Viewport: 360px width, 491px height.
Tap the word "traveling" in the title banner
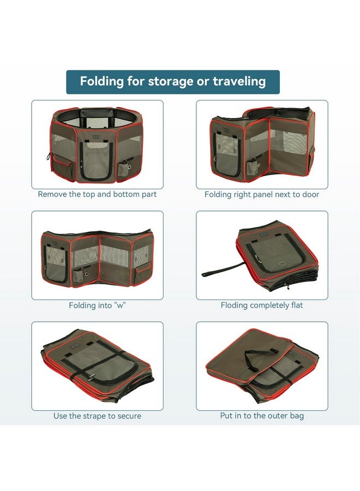(x=239, y=81)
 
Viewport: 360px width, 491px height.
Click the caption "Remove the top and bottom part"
(x=97, y=194)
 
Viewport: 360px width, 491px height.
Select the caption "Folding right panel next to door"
(x=262, y=194)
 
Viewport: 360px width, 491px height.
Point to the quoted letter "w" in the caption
(x=120, y=306)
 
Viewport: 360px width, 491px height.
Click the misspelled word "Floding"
(x=234, y=306)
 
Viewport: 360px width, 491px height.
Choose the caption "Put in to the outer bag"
(x=262, y=416)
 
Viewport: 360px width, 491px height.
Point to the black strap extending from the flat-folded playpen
(x=223, y=270)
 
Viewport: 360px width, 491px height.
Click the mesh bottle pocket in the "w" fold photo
(x=78, y=275)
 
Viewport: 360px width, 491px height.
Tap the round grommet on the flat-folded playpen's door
(x=283, y=264)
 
